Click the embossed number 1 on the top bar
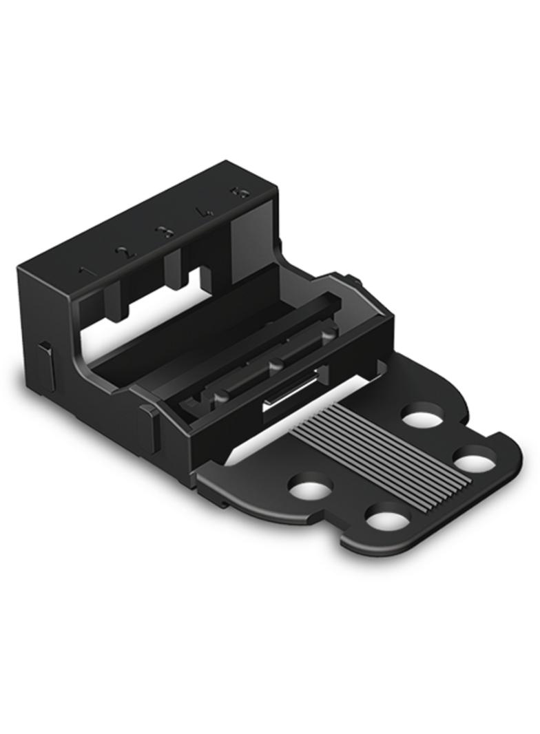tap(84, 271)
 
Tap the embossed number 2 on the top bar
tap(125, 252)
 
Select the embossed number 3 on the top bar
tap(165, 233)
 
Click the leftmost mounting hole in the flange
tap(310, 488)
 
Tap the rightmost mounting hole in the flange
tap(475, 460)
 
